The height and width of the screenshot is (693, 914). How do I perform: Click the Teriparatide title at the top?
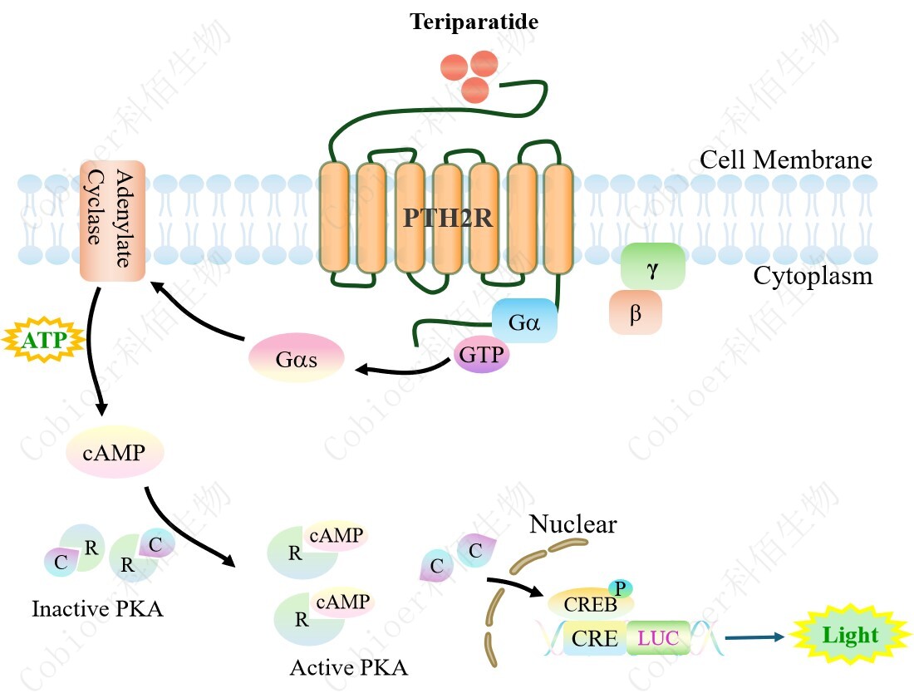tap(474, 22)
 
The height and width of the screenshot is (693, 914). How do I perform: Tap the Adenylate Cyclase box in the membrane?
tap(112, 219)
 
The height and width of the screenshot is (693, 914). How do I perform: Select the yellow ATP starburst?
tap(46, 341)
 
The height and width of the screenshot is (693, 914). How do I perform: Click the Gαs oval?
tap(297, 360)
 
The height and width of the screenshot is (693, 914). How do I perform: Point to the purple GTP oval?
tap(482, 356)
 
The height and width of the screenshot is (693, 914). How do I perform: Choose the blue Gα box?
tap(524, 321)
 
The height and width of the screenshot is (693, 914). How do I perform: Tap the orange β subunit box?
tap(636, 313)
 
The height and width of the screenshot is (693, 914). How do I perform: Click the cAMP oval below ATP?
tap(114, 453)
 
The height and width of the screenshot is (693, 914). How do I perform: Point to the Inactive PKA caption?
tap(97, 609)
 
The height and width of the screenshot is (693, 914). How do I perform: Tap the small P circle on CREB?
tap(620, 587)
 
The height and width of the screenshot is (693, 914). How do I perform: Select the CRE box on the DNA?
tap(595, 639)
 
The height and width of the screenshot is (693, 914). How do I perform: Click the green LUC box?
tap(658, 639)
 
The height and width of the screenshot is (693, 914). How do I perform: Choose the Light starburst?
tap(849, 636)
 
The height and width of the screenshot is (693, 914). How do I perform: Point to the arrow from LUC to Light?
tap(754, 638)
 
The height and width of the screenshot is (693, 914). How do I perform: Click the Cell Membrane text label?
tap(785, 160)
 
